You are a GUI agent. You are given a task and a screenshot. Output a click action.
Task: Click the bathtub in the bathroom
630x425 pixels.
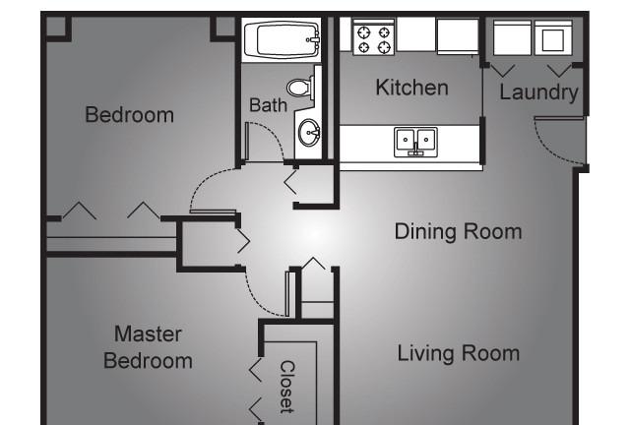tap(283, 39)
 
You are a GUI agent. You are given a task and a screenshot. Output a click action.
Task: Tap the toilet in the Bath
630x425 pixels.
tap(299, 88)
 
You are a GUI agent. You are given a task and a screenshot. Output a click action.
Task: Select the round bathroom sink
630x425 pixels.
tap(309, 132)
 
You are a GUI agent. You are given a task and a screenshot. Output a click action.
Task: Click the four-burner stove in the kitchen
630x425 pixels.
tap(374, 37)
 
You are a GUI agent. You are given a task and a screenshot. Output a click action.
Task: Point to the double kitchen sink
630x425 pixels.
tap(415, 142)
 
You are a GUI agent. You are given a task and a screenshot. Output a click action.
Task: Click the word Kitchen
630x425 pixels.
tap(411, 88)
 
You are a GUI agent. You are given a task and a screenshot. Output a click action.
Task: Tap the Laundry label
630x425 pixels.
tap(538, 92)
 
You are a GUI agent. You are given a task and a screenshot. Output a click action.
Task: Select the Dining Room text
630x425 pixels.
tap(458, 232)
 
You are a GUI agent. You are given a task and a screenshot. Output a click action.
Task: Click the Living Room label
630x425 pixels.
tap(459, 353)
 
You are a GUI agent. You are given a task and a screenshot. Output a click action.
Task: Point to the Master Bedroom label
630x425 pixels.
tap(148, 347)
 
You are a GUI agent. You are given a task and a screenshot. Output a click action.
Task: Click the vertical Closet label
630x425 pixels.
tap(286, 387)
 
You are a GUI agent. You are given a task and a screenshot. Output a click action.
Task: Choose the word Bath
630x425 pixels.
tap(268, 105)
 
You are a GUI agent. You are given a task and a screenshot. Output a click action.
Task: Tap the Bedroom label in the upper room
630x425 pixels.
tap(129, 115)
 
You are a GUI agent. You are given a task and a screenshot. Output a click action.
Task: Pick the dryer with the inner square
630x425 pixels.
tap(553, 38)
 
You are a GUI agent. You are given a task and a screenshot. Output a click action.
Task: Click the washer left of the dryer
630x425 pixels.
tap(512, 38)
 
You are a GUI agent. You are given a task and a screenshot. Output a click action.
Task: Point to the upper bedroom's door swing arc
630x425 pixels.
tap(204, 181)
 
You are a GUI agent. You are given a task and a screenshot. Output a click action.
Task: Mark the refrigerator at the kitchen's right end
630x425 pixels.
tap(458, 36)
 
